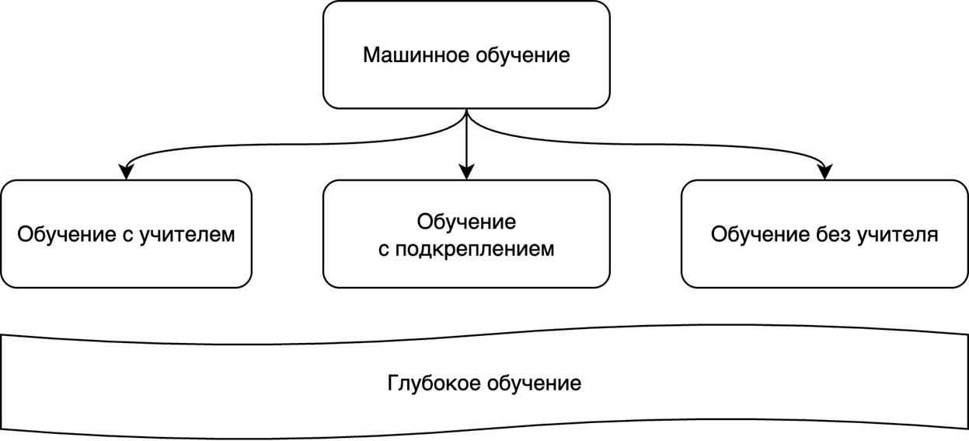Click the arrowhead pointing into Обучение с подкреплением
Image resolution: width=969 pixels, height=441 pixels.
[x=466, y=173]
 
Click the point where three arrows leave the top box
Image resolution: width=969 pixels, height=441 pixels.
[x=466, y=110]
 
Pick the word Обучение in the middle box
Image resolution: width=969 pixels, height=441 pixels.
[x=466, y=222]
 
